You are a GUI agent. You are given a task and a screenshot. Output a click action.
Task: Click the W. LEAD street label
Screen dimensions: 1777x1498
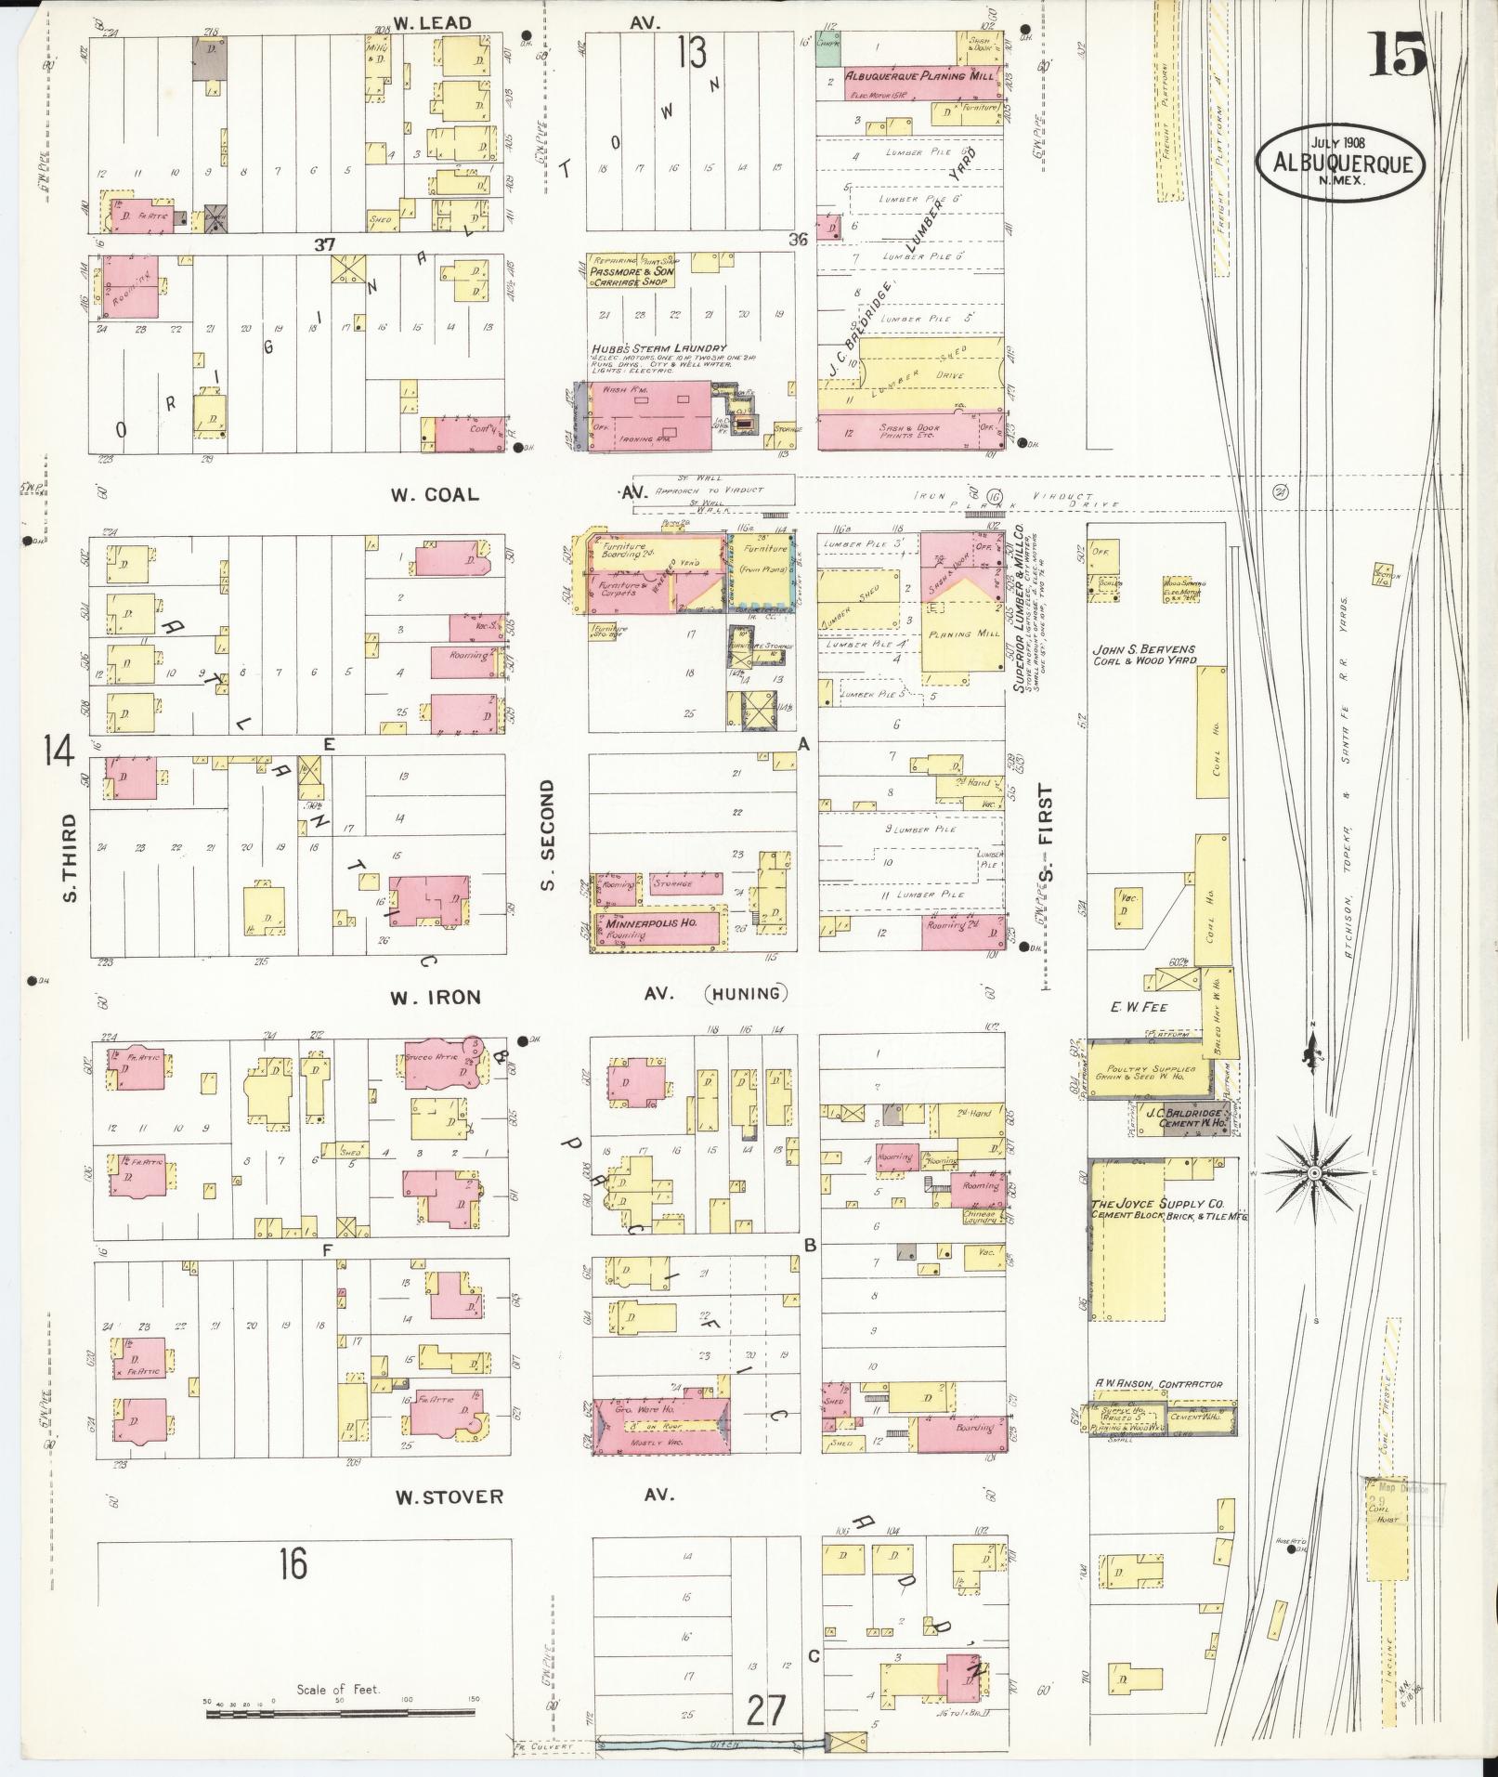tap(432, 23)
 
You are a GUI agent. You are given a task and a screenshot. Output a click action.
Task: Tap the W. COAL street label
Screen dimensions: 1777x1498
tap(435, 494)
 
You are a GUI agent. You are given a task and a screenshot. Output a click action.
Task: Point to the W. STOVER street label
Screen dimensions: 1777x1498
tap(449, 1496)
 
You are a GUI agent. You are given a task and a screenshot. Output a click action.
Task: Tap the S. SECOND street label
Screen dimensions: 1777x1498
tap(548, 835)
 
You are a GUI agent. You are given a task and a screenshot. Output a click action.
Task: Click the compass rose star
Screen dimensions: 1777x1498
tap(1314, 1174)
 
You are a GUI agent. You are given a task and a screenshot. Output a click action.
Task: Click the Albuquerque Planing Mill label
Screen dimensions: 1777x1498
tap(920, 75)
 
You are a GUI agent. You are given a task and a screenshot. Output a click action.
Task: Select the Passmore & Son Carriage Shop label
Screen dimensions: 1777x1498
tap(631, 276)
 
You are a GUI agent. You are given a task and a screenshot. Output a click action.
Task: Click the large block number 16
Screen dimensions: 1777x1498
tap(293, 1565)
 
